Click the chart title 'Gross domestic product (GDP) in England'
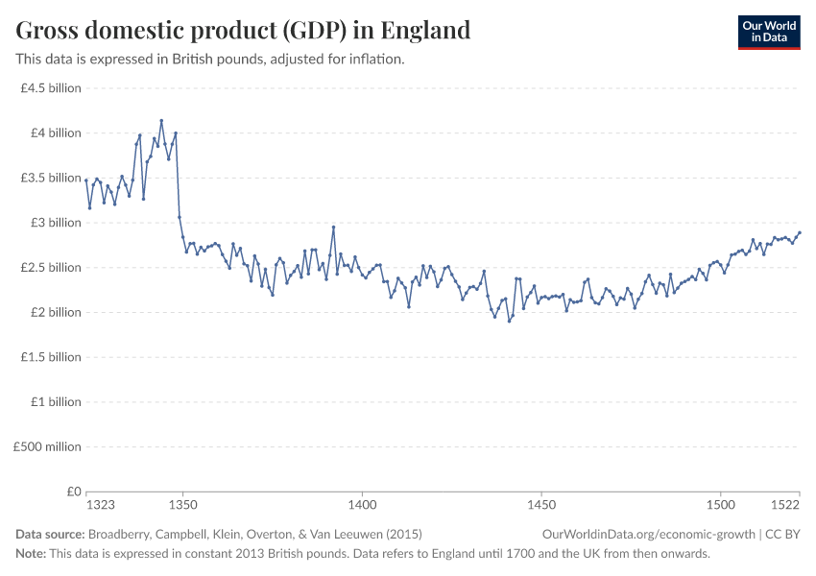243,31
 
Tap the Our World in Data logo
768,32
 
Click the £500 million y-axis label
47,446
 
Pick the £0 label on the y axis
73,492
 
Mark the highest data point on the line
161,121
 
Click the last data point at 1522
800,232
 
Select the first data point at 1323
86,180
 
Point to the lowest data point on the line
509,321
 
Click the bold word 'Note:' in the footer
31,554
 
